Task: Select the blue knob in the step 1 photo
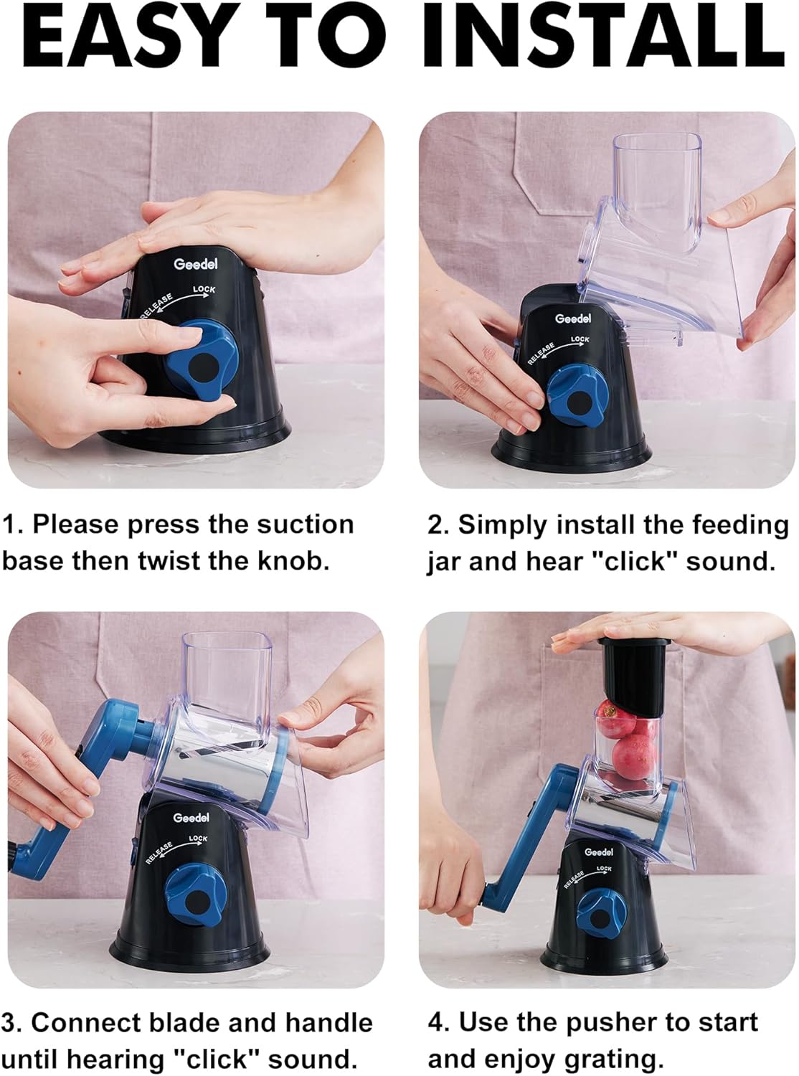[x=202, y=359]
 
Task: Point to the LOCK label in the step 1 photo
[x=204, y=290]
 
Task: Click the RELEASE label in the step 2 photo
[x=541, y=353]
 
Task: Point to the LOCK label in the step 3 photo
[x=198, y=839]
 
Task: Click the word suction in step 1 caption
[x=305, y=525]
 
